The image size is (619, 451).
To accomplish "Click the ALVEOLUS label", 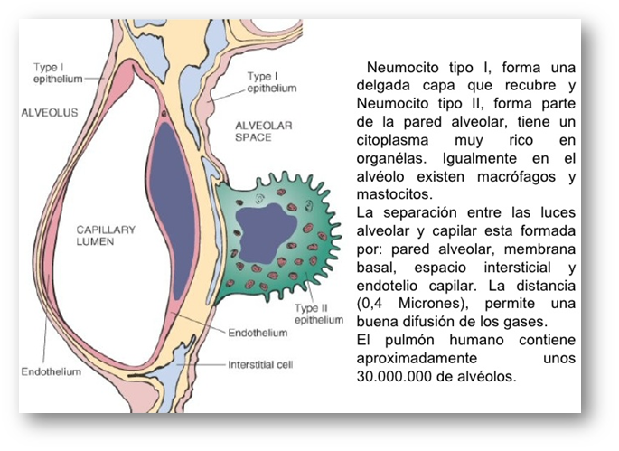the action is pyautogui.click(x=50, y=113).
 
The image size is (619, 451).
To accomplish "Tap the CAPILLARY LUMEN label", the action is pyautogui.click(x=106, y=235).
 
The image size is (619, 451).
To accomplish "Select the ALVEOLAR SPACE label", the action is pyautogui.click(x=264, y=132).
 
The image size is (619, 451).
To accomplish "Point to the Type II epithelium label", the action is pyautogui.click(x=319, y=314).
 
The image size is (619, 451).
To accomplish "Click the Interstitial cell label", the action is pyautogui.click(x=260, y=364).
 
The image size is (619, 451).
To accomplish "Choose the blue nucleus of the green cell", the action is pyautogui.click(x=266, y=234).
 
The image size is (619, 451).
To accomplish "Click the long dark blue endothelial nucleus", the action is pyautogui.click(x=173, y=211).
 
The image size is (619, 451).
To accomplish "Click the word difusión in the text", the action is pyautogui.click(x=430, y=322).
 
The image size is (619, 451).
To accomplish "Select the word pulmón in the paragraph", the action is pyautogui.click(x=409, y=341).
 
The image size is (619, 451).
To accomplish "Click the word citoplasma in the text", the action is pyautogui.click(x=392, y=141).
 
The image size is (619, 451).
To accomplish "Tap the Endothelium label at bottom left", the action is pyautogui.click(x=52, y=372).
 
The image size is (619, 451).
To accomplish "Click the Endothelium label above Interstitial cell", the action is pyautogui.click(x=258, y=333).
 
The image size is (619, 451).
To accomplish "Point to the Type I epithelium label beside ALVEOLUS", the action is pyautogui.click(x=58, y=73).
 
